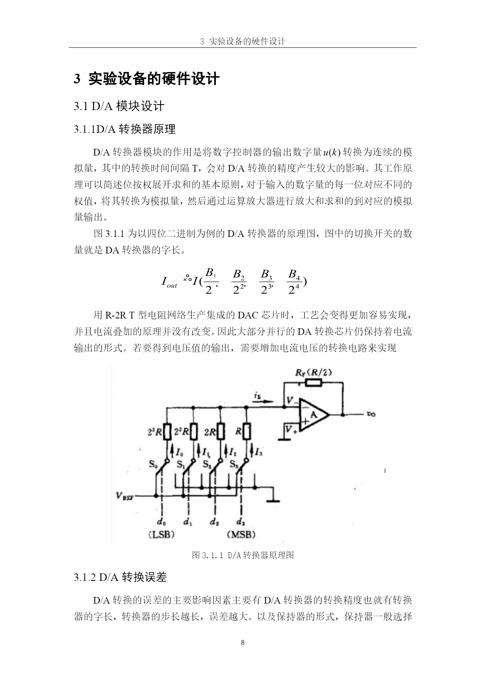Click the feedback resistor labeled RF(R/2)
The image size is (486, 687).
(x=314, y=383)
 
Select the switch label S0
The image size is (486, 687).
(x=153, y=465)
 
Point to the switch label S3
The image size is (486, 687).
(x=234, y=465)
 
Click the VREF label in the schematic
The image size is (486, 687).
(x=125, y=496)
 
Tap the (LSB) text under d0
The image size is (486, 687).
(x=161, y=534)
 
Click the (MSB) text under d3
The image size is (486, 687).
(x=241, y=534)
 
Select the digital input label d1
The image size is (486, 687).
(x=188, y=522)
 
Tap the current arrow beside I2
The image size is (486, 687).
(x=226, y=451)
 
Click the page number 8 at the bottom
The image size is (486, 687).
(x=243, y=642)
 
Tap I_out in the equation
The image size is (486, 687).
(x=169, y=282)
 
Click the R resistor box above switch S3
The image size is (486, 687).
(x=247, y=432)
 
